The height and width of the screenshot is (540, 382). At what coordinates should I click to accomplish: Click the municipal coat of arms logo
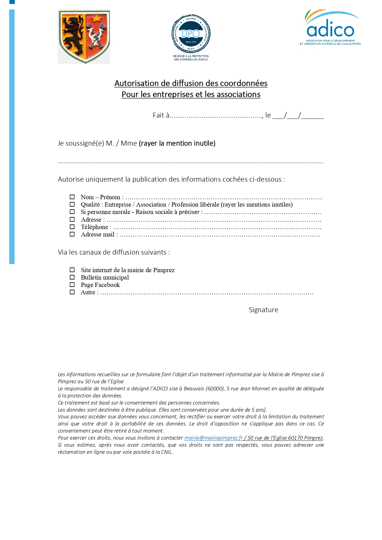[84, 36]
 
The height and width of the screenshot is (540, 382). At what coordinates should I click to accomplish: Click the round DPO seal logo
[191, 34]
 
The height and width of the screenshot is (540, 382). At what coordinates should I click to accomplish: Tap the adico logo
[331, 28]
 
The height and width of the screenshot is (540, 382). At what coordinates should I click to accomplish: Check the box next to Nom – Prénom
[72, 197]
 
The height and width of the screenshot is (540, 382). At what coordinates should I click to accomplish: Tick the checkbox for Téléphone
[72, 227]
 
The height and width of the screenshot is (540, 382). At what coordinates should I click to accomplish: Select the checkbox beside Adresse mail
[72, 234]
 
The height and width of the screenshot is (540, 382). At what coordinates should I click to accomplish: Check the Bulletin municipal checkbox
[72, 277]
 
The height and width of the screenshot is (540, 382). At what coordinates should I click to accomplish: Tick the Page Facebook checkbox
[72, 285]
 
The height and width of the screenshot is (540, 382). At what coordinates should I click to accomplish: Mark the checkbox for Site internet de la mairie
[72, 270]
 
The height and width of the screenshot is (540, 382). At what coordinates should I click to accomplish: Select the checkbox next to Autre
[72, 292]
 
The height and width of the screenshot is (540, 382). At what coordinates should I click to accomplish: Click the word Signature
[263, 310]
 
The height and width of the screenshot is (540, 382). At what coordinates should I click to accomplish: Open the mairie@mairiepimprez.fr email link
[213, 438]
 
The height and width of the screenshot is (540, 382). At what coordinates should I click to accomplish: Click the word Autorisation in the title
[133, 83]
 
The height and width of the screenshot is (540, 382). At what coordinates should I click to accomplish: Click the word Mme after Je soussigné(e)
[129, 143]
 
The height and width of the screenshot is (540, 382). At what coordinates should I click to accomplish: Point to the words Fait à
[161, 115]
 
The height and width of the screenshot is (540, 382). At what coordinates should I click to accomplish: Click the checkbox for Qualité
[72, 204]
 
